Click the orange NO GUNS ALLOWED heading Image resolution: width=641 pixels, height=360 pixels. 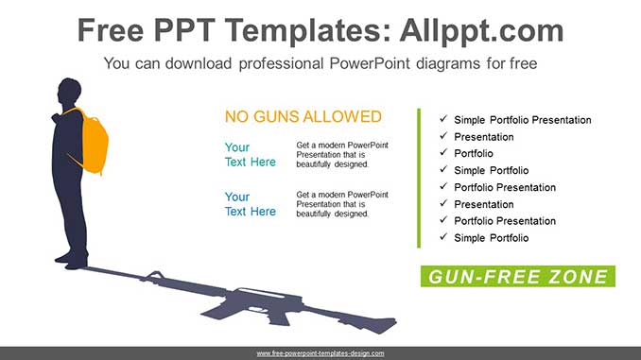tap(303, 117)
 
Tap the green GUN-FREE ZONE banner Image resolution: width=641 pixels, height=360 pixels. tap(517, 277)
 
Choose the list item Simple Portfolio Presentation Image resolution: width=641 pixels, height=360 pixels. tap(522, 120)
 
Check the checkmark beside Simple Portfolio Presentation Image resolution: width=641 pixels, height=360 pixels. tap(443, 120)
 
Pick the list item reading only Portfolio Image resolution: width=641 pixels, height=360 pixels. tap(473, 153)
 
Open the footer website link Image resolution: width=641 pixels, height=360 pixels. tap(320, 353)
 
